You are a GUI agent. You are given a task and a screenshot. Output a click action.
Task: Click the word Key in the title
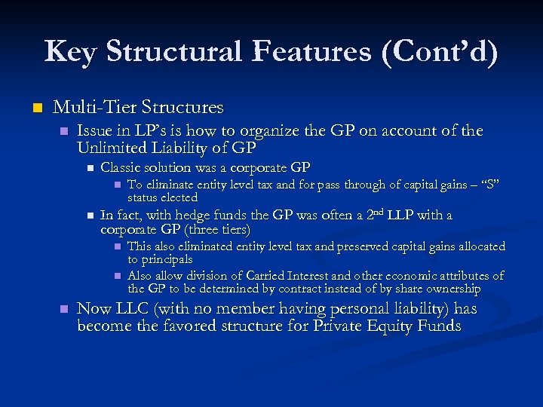pyautogui.click(x=70, y=52)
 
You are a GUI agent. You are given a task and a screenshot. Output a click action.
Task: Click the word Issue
pyautogui.click(x=96, y=131)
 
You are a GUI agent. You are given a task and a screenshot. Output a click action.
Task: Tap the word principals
pyautogui.click(x=167, y=259)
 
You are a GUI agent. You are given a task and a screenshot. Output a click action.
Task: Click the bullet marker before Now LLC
pyautogui.click(x=63, y=309)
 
